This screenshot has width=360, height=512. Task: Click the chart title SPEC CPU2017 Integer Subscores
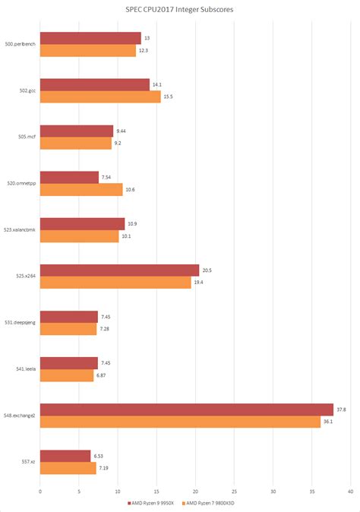tap(180, 11)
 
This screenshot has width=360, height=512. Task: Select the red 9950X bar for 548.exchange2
tap(186, 410)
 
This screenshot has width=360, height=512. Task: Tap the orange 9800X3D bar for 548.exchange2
tap(180, 422)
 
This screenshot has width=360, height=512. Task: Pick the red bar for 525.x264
tap(119, 270)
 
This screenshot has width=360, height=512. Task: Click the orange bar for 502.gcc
tap(100, 96)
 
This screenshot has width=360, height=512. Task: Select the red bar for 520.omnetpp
tap(69, 178)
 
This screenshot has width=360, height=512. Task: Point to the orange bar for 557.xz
tap(68, 469)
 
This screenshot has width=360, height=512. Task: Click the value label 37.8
tap(342, 409)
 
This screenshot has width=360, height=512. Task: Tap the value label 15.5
tap(168, 96)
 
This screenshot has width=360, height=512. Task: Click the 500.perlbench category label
tap(20, 44)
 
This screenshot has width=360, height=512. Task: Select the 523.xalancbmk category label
tap(19, 230)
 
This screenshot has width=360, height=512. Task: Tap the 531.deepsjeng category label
tap(19, 323)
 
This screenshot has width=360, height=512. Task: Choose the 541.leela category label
tap(25, 370)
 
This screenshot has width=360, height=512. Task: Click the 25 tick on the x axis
tap(234, 490)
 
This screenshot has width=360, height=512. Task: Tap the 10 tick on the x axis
tap(118, 490)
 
